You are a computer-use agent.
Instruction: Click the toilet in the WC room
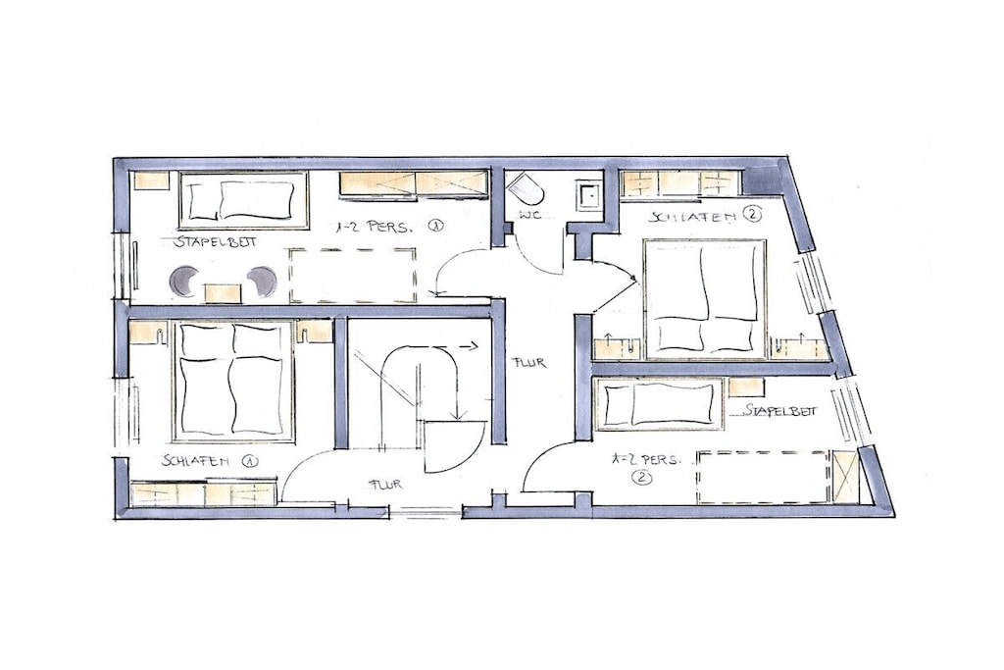526,187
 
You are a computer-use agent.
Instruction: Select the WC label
529,214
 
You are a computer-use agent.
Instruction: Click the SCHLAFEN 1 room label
210,460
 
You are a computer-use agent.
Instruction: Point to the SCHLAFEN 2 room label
705,216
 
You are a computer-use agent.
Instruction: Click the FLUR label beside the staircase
528,363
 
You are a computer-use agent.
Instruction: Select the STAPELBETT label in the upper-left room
215,241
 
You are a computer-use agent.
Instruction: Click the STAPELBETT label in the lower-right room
779,411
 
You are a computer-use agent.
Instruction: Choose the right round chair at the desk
262,282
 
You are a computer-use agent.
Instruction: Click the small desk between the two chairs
223,293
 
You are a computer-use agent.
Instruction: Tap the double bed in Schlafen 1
233,382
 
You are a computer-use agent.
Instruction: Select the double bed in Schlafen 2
705,298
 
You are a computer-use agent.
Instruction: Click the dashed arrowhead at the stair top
474,346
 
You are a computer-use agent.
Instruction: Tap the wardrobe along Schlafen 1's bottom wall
204,493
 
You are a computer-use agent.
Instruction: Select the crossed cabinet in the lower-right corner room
844,477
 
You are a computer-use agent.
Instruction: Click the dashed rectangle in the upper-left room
353,276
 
